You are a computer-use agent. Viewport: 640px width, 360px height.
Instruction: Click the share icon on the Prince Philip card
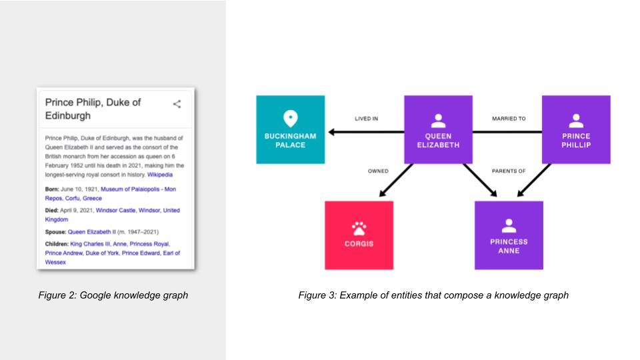177,104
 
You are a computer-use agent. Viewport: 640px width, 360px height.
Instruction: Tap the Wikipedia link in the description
160,175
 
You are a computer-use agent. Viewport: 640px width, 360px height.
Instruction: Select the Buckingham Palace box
290,130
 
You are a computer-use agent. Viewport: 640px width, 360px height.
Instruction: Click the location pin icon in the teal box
290,119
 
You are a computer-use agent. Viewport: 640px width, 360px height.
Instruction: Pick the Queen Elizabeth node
438,130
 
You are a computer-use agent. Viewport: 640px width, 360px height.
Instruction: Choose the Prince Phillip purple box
576,130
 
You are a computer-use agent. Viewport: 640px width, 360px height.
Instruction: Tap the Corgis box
359,235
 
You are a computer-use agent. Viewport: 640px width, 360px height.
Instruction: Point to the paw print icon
359,229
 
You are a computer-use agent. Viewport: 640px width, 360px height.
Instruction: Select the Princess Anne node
509,235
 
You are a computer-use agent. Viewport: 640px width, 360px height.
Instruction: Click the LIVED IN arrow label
366,119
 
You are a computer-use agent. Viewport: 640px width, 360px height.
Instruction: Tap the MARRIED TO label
509,119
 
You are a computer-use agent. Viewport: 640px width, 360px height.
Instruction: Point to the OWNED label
378,171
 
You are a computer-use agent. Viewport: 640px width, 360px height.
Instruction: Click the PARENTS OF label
509,171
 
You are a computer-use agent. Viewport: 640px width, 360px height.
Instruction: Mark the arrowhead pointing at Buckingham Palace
331,132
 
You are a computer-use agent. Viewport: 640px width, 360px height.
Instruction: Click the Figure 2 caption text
113,295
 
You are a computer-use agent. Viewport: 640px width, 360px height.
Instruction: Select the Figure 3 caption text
433,295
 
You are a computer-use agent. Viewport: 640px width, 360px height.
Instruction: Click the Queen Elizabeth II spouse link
92,232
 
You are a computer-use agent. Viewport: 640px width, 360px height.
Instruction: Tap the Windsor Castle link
115,210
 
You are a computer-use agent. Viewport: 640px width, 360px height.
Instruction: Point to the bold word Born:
52,189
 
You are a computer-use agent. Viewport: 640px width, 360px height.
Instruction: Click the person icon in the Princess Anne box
509,226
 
